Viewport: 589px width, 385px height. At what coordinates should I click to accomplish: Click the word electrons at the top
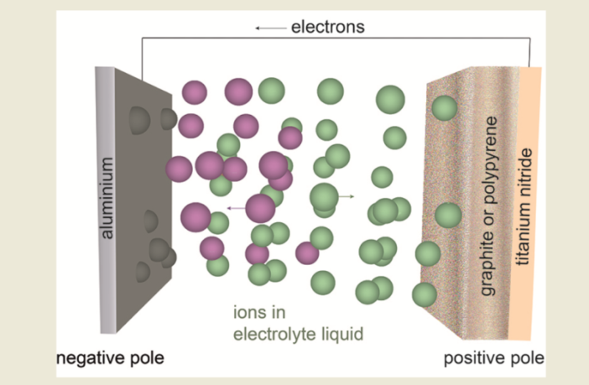pyautogui.click(x=327, y=28)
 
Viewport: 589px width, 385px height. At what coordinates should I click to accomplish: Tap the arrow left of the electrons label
pyautogui.click(x=270, y=29)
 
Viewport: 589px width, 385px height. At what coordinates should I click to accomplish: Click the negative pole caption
pyautogui.click(x=109, y=360)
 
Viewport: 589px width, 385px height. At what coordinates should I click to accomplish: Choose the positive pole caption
pyautogui.click(x=493, y=360)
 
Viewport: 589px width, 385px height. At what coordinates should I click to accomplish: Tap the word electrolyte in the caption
pyautogui.click(x=274, y=334)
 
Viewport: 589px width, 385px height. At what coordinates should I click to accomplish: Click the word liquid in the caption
pyautogui.click(x=340, y=334)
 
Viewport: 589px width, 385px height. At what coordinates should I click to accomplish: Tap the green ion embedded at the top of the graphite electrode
pyautogui.click(x=445, y=107)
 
